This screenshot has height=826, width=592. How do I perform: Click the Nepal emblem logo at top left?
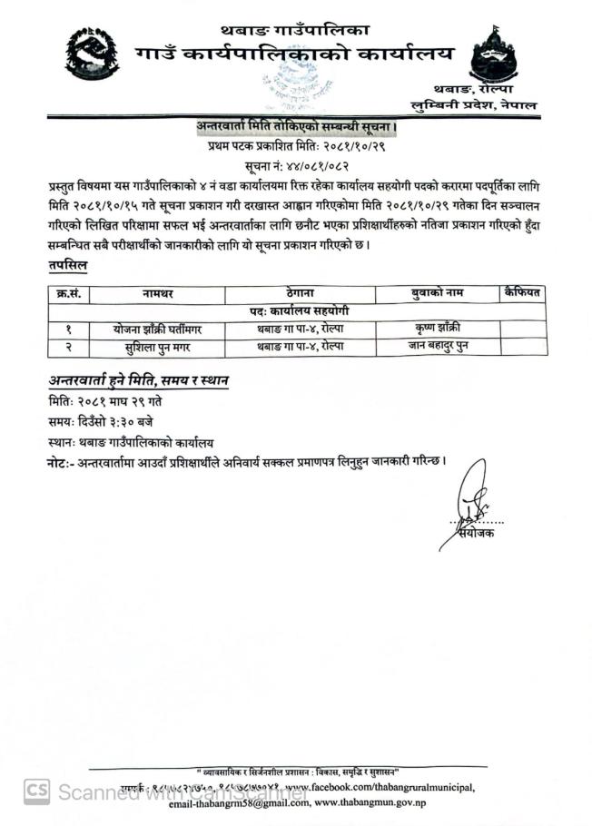pos(92,54)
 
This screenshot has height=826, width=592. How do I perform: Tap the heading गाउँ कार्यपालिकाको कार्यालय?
pos(294,55)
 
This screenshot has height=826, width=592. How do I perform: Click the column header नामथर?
pos(158,293)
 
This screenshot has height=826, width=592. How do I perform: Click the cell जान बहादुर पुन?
pos(437,346)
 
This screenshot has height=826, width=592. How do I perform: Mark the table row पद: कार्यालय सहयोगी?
pos(298,311)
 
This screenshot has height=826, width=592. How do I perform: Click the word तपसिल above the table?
pos(68,264)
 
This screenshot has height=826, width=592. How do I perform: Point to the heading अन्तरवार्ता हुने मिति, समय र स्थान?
pos(138,379)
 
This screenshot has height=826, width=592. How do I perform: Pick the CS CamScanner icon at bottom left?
pos(37,791)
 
